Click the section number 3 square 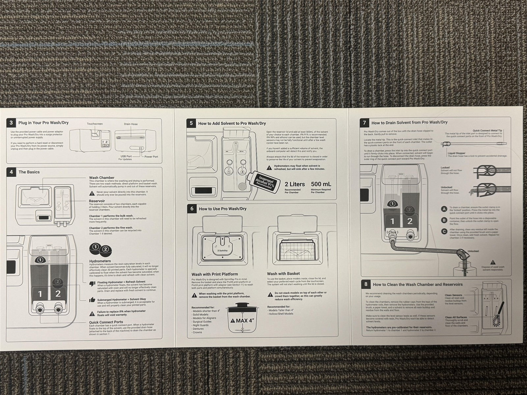pyautogui.click(x=12, y=123)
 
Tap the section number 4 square pyautogui.click(x=12, y=172)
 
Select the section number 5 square pyautogui.click(x=191, y=123)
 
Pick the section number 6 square pyautogui.click(x=191, y=209)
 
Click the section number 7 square pyautogui.click(x=364, y=123)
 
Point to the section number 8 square pyautogui.click(x=366, y=284)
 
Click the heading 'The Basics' pyautogui.click(x=29, y=172)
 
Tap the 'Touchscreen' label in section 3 pyautogui.click(x=95, y=124)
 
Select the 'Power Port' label pyautogui.click(x=151, y=157)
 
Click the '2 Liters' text pyautogui.click(x=295, y=184)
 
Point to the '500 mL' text pyautogui.click(x=321, y=184)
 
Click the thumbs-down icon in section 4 pyautogui.click(x=93, y=283)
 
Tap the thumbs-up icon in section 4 pyautogui.click(x=93, y=300)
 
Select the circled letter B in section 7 pyautogui.click(x=444, y=220)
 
